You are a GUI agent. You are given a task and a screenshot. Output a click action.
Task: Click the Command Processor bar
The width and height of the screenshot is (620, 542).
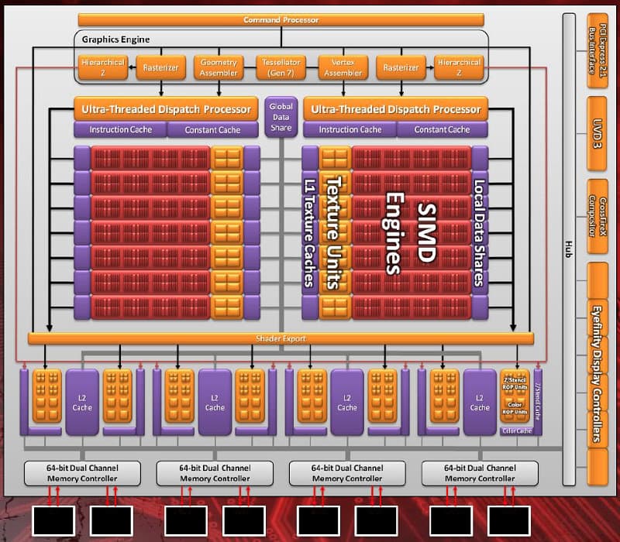pyautogui.click(x=281, y=19)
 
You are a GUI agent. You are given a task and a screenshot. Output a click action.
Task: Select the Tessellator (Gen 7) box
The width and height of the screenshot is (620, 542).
pyautogui.click(x=281, y=67)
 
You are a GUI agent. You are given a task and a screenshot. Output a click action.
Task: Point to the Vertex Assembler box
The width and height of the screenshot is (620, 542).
pyautogui.click(x=343, y=67)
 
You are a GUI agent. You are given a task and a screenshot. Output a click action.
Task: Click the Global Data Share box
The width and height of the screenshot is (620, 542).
pyautogui.click(x=281, y=117)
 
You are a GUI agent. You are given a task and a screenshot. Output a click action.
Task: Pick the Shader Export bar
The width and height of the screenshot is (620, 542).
pyautogui.click(x=281, y=338)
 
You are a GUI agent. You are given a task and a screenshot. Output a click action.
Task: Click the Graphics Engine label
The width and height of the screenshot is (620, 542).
pyautogui.click(x=116, y=39)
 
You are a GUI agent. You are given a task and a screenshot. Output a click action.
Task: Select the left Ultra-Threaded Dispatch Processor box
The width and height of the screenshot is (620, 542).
pyautogui.click(x=164, y=109)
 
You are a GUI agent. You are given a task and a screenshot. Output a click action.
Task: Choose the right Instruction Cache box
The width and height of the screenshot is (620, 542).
pyautogui.click(x=350, y=129)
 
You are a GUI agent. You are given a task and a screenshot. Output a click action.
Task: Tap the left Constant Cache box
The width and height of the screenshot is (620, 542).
pyautogui.click(x=212, y=129)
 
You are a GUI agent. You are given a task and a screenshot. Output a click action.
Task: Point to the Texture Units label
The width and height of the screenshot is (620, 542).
pyautogui.click(x=334, y=232)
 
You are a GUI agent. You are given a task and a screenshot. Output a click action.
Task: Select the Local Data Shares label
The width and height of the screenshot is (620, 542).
pyautogui.click(x=479, y=232)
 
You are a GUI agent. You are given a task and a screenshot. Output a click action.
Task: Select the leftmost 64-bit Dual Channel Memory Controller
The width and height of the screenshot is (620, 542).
pyautogui.click(x=82, y=473)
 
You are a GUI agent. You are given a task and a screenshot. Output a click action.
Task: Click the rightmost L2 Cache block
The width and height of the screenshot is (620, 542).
pyautogui.click(x=480, y=402)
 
